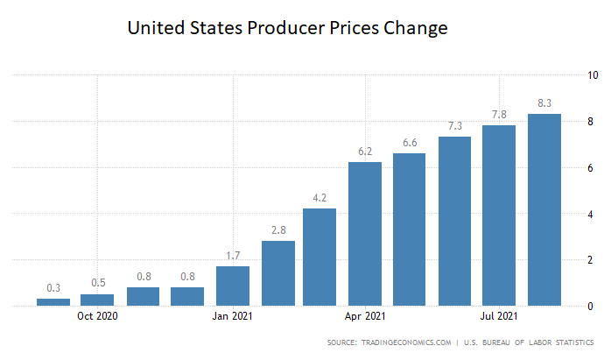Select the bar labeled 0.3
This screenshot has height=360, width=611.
tap(53, 302)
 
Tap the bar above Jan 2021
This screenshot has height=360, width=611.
tap(233, 286)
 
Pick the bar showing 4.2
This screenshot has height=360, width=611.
tap(320, 258)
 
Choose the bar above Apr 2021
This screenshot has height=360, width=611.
tap(365, 234)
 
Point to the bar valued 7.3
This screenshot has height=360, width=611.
tap(454, 222)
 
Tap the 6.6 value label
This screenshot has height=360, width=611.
tap(410, 142)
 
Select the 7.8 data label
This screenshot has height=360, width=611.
tap(499, 114)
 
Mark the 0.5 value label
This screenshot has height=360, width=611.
tap(98, 282)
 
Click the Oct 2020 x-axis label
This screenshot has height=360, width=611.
tap(98, 316)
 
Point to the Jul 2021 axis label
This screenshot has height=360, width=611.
tap(499, 316)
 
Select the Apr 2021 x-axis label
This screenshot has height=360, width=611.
tap(365, 316)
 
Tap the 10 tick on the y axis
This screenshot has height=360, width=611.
tap(593, 75)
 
